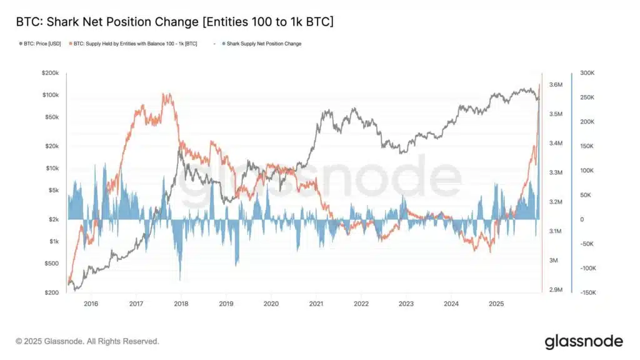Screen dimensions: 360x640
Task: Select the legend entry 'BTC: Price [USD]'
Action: (39, 44)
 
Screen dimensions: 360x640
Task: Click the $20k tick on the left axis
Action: (51, 146)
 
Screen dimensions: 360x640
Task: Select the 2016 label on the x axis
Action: (91, 304)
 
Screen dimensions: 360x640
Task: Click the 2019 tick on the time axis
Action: (226, 304)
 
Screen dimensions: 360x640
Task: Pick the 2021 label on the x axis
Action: (316, 304)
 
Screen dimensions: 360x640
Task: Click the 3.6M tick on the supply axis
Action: (556, 85)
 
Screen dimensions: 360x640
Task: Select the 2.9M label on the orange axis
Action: (556, 290)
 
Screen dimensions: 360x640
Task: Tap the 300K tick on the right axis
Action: (588, 73)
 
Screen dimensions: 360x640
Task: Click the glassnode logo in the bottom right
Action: (583, 341)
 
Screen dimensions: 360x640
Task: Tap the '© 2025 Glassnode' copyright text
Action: (87, 341)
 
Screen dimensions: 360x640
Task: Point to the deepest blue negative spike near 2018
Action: (180, 279)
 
